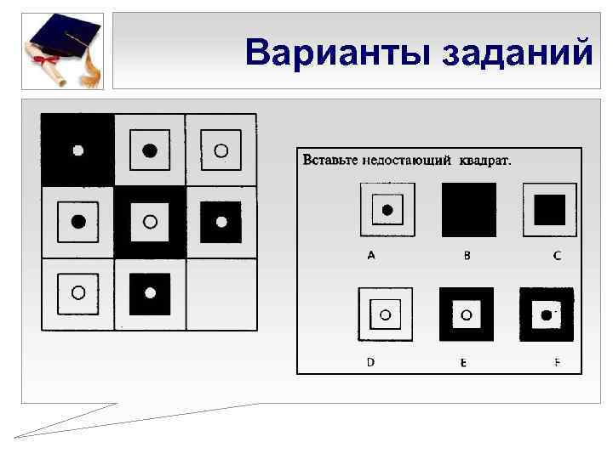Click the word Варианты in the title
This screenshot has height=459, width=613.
click(x=339, y=53)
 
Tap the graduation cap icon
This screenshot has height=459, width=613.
click(x=61, y=50)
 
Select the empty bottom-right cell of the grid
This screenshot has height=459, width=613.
click(x=221, y=293)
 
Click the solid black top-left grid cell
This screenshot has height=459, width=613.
click(x=77, y=150)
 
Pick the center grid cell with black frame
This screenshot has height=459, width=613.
click(x=150, y=222)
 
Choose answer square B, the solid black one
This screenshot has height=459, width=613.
click(x=468, y=210)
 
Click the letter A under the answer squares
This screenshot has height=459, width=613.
click(x=371, y=255)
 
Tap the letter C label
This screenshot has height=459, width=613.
click(x=557, y=255)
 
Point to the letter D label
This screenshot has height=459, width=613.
click(x=370, y=361)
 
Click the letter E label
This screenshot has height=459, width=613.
click(x=463, y=362)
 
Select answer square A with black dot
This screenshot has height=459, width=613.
click(x=387, y=210)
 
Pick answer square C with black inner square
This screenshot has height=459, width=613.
click(x=549, y=210)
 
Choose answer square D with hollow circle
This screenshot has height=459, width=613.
click(x=385, y=314)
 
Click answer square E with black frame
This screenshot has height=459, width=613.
click(x=466, y=314)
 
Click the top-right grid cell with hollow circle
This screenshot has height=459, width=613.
click(x=221, y=150)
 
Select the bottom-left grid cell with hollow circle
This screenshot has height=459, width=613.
click(x=77, y=293)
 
